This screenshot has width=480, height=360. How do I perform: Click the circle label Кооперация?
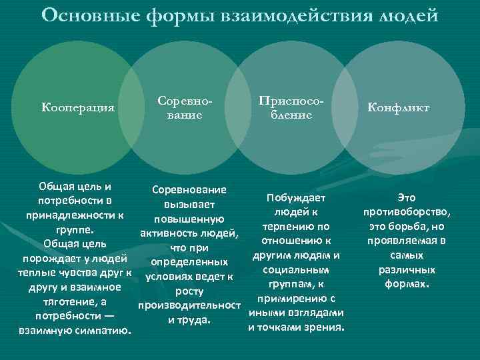click(78, 107)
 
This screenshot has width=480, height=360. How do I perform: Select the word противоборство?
click(406, 212)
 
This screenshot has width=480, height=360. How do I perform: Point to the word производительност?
click(189, 305)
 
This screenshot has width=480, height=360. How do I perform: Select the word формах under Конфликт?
click(406, 284)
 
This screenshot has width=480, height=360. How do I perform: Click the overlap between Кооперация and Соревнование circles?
click(136, 107)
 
